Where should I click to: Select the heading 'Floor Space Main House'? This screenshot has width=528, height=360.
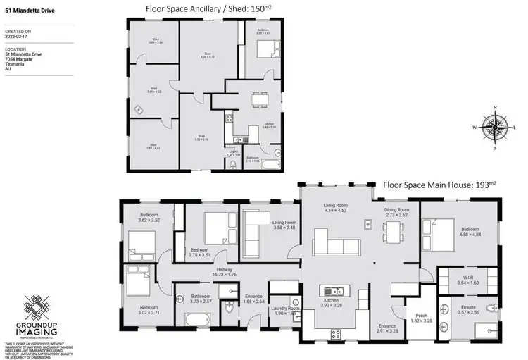coord(439,185)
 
